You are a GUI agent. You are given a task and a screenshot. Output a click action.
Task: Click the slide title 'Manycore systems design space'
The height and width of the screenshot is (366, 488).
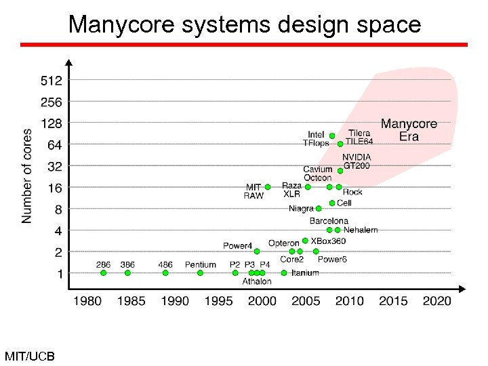[x=245, y=24]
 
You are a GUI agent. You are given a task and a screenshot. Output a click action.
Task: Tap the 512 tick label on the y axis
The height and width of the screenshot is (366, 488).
[x=52, y=80]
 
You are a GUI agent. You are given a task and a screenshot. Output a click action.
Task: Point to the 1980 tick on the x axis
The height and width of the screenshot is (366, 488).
[x=87, y=301]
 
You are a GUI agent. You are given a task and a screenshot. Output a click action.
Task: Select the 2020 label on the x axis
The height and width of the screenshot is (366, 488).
[x=436, y=301]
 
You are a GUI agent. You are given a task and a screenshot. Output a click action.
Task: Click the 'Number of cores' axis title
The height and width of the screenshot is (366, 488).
[x=27, y=176]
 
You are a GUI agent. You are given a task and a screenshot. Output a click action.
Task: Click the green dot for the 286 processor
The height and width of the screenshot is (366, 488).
[x=103, y=273]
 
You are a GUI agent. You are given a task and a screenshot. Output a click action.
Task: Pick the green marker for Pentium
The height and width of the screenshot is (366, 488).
[x=200, y=273]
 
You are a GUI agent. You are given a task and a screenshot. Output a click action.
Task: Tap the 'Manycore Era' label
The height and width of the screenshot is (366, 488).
[x=409, y=130]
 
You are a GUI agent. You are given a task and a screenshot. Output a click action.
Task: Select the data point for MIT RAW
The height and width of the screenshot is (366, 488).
[x=268, y=187]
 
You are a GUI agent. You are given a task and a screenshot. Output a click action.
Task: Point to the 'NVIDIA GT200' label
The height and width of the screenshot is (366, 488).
[x=357, y=161]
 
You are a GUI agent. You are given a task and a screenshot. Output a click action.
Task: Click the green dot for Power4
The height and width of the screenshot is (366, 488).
[x=257, y=251]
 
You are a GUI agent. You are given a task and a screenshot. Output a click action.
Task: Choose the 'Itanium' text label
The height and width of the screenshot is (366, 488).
[x=305, y=273]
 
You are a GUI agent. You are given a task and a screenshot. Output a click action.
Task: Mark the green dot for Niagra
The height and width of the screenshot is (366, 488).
[x=319, y=209]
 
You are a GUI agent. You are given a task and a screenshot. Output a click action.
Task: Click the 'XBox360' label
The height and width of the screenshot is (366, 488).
[x=328, y=241]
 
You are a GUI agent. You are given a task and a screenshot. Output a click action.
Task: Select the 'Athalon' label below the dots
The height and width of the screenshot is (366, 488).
[x=257, y=281]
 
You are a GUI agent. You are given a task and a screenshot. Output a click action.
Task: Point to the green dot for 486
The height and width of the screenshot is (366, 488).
[x=165, y=273]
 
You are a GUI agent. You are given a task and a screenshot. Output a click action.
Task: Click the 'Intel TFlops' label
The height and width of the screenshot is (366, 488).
[x=316, y=139]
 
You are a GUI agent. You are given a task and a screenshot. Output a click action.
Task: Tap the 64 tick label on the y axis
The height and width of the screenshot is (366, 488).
[x=54, y=145]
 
